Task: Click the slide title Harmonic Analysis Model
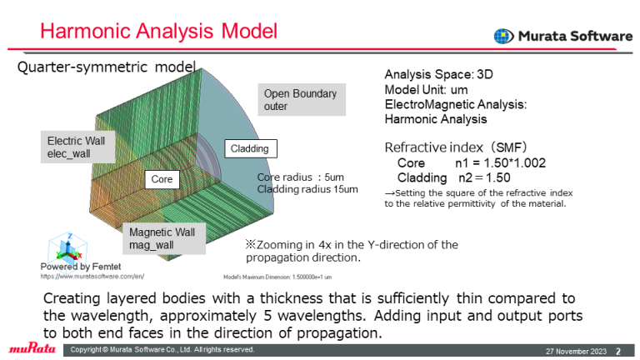pos(158,32)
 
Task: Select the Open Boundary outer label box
pos(300,99)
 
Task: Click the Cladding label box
pos(249,148)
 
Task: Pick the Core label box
pos(162,179)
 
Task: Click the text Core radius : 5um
pos(300,177)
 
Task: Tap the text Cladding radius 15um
pos(307,190)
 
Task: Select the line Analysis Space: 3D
pos(438,74)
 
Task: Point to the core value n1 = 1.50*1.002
pos(499,162)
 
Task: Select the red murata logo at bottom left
pos(32,348)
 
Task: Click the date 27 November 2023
pos(576,350)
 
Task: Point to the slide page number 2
pos(618,350)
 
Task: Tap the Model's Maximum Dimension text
pos(277,275)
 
